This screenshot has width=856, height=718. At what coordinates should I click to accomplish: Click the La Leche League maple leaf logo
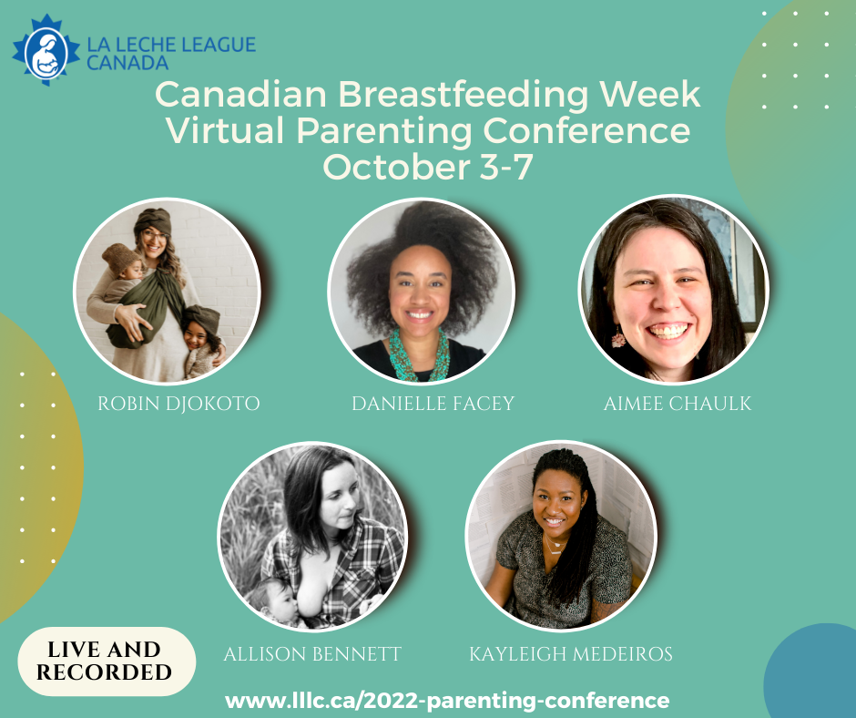(46, 50)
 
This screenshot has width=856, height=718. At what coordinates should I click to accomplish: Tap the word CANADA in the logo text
(127, 63)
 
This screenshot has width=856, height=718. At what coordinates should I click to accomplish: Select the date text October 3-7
(427, 167)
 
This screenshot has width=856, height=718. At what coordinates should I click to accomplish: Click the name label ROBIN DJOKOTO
(178, 404)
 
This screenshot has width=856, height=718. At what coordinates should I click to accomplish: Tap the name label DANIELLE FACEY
(433, 404)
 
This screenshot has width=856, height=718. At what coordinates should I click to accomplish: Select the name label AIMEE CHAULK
(678, 404)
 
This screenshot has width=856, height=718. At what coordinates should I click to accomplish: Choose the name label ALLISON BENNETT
(312, 654)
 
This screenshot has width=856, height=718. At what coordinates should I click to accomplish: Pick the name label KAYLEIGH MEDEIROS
(570, 654)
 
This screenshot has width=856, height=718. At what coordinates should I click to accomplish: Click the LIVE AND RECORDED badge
(106, 662)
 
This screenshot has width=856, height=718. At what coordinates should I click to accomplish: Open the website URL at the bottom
(447, 701)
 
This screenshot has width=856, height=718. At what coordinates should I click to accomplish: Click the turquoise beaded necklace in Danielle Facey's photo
(419, 355)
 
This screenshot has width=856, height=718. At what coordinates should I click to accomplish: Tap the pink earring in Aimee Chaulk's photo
(618, 338)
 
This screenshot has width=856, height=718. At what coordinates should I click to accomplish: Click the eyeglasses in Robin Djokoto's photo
(155, 236)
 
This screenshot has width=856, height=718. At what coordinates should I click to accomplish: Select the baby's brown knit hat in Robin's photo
(119, 257)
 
